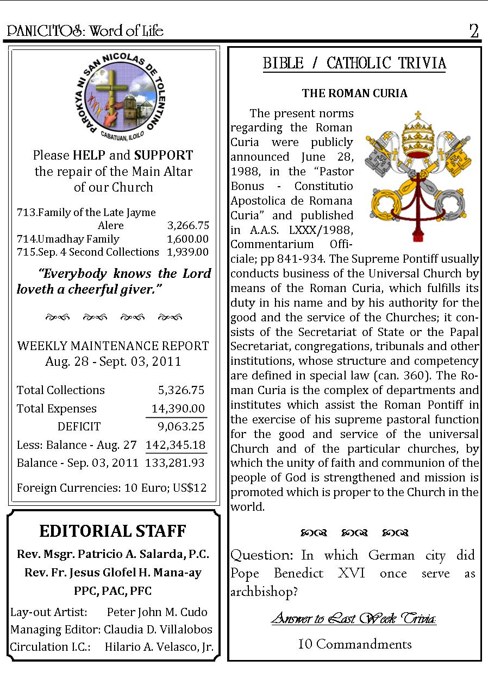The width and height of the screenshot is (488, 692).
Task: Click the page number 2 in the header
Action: [x=474, y=31]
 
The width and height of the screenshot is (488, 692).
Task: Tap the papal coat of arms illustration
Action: [x=417, y=175]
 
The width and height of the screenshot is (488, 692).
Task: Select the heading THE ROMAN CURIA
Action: [x=354, y=93]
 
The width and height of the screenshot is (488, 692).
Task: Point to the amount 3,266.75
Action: [x=187, y=226]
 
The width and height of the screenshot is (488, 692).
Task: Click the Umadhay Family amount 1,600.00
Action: [x=187, y=239]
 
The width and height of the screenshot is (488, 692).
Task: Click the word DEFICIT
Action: [x=79, y=427]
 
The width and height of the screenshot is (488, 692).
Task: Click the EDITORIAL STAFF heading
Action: [x=113, y=531]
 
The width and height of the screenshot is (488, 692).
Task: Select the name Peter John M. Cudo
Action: [x=157, y=612]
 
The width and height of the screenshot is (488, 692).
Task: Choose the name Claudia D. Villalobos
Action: [x=158, y=630]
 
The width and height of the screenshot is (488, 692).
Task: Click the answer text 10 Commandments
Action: [x=355, y=644]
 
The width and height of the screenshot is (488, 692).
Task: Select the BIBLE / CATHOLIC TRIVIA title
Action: [x=354, y=64]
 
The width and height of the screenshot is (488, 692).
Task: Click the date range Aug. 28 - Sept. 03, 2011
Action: [x=113, y=361]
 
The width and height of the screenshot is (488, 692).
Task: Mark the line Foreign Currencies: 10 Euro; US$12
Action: [x=112, y=487]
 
